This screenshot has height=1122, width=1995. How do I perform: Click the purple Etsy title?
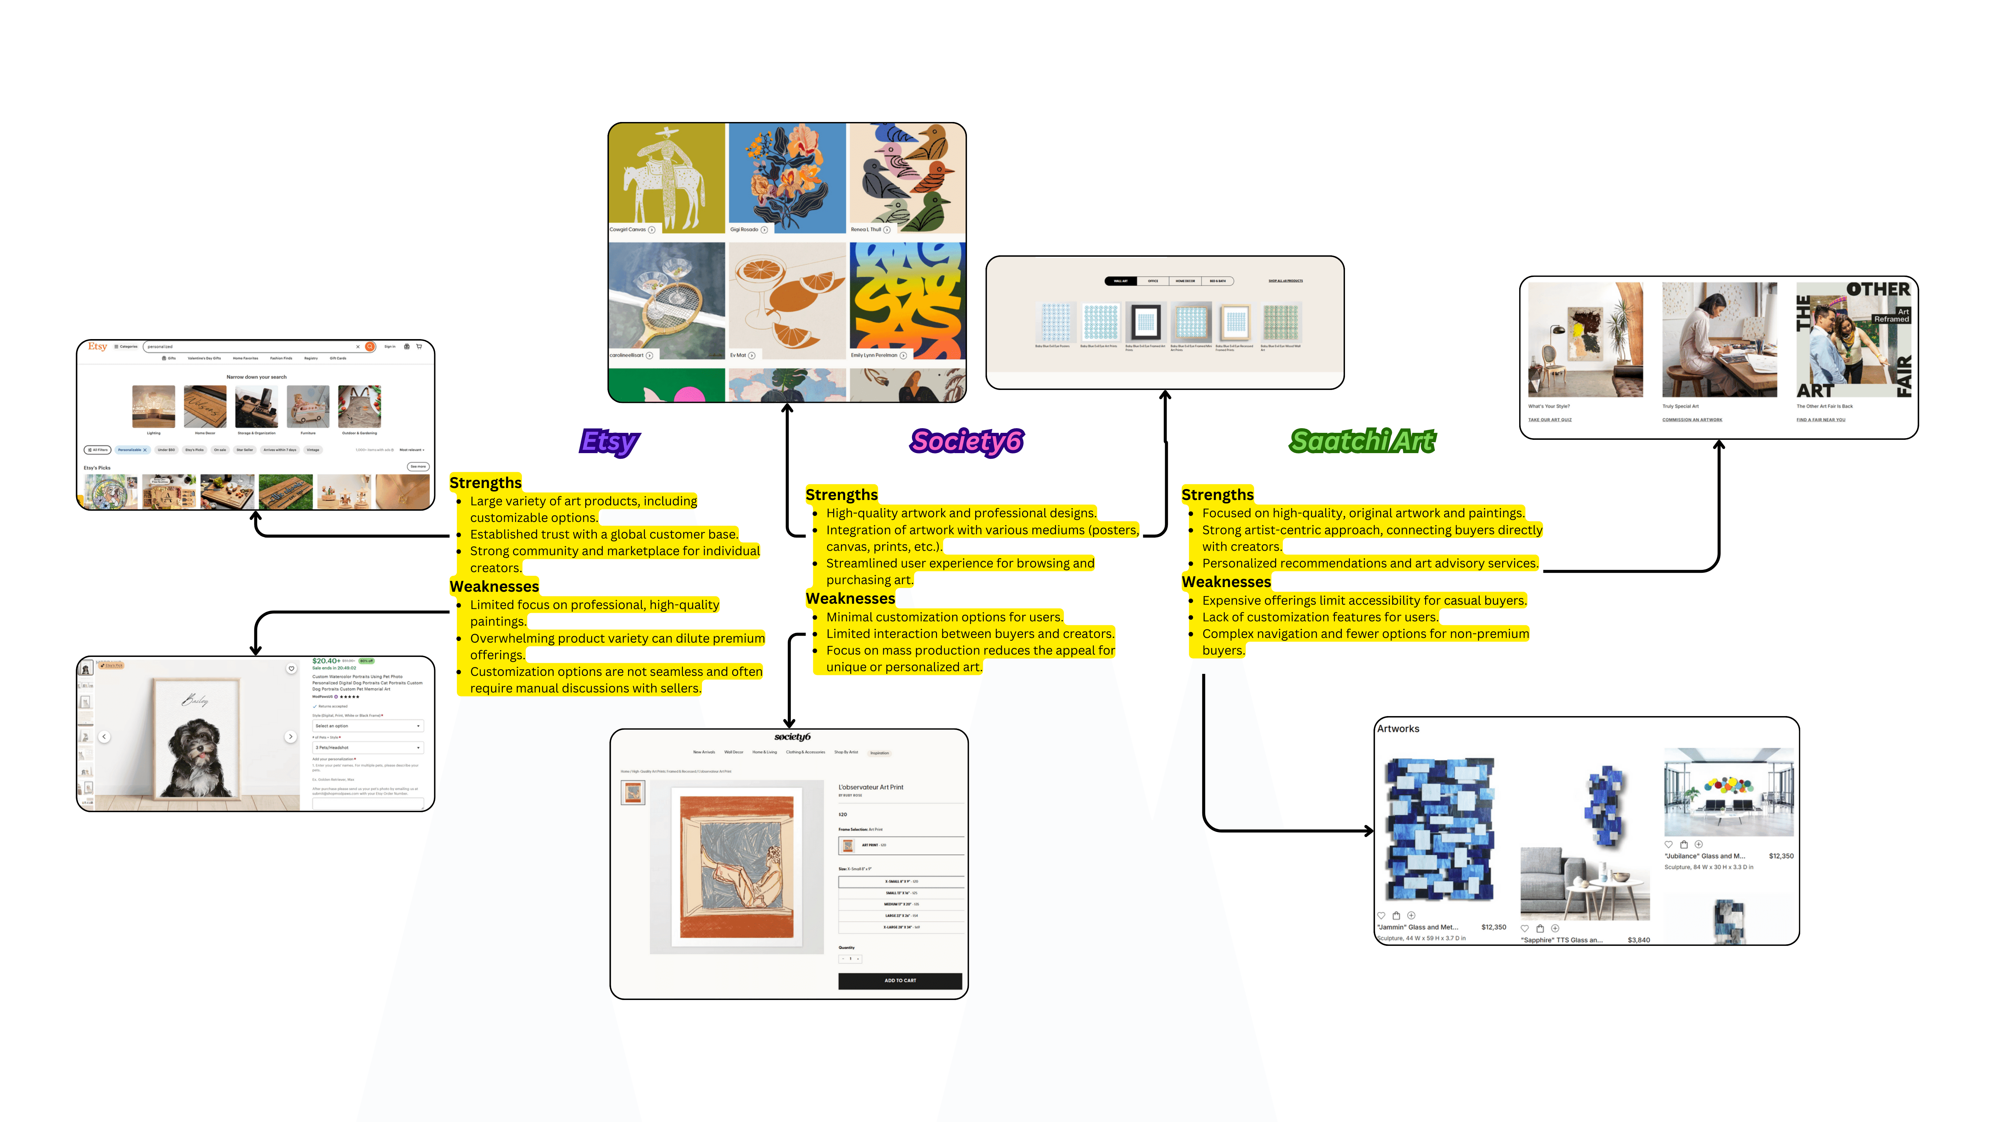[x=609, y=441]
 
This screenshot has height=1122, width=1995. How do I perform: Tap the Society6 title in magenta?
[x=967, y=441]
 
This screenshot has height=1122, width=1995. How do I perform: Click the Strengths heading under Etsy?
[x=485, y=482]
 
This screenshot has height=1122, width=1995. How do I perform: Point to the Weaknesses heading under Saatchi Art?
[x=1226, y=581]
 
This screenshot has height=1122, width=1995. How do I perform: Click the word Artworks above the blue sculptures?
[x=1398, y=729]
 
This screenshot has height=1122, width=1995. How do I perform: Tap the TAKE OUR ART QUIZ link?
[x=1549, y=420]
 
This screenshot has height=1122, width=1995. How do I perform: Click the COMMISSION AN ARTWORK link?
[x=1691, y=420]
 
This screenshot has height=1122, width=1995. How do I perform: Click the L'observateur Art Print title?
[x=870, y=787]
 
